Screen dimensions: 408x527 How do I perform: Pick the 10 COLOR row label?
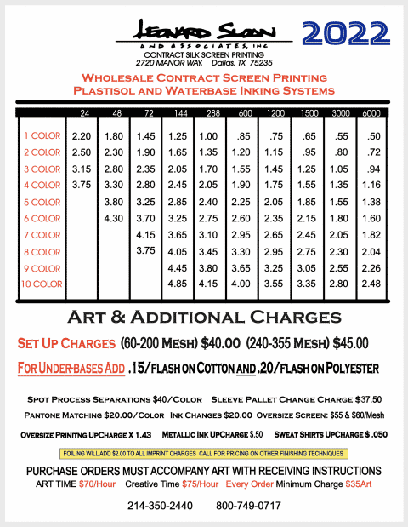pyautogui.click(x=42, y=284)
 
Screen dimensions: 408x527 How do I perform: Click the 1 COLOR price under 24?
pyautogui.click(x=82, y=136)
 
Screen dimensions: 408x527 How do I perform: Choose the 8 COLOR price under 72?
pyautogui.click(x=145, y=250)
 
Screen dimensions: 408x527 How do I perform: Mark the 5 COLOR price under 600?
pyautogui.click(x=241, y=202)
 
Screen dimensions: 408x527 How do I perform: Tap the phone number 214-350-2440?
pyautogui.click(x=160, y=506)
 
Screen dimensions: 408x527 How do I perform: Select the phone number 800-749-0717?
pyautogui.click(x=248, y=506)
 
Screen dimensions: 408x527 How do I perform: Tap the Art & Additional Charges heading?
pyautogui.click(x=204, y=318)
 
